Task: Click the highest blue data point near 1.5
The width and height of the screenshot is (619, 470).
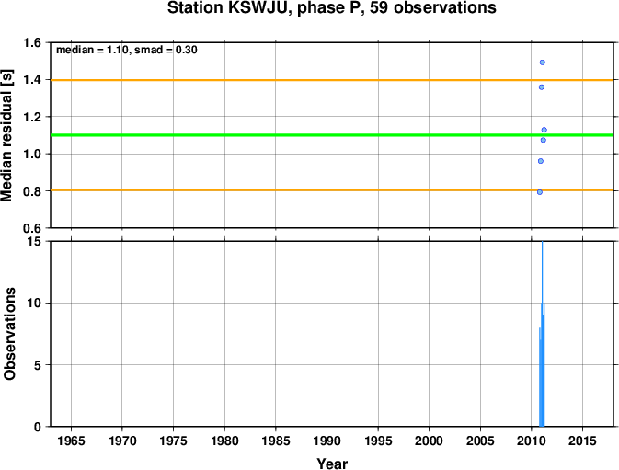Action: click(543, 63)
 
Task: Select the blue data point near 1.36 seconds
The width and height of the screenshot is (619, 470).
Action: click(542, 87)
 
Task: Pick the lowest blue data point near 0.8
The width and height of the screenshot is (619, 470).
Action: click(540, 192)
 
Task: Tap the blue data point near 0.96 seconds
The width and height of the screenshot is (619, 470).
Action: click(541, 161)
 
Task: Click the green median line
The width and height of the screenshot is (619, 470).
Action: click(332, 135)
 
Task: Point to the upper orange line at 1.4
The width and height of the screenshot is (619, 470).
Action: click(332, 80)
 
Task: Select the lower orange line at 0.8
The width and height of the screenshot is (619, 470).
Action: click(332, 190)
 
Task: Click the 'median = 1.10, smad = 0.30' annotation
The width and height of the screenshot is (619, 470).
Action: click(127, 50)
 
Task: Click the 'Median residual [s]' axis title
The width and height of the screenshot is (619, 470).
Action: click(7, 135)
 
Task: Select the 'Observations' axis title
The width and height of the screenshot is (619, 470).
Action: click(9, 334)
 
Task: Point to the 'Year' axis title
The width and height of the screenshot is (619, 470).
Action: click(332, 464)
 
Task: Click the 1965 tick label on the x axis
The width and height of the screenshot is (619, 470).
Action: click(71, 441)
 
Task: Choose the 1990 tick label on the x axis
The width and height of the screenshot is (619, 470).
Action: click(327, 441)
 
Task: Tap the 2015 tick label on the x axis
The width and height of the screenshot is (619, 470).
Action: click(582, 441)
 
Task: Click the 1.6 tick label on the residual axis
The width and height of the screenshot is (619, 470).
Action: click(32, 42)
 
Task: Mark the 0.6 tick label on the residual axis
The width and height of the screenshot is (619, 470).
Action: click(32, 228)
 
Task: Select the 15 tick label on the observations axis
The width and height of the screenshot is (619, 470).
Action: click(35, 241)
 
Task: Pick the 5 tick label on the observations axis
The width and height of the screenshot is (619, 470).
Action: click(38, 365)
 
